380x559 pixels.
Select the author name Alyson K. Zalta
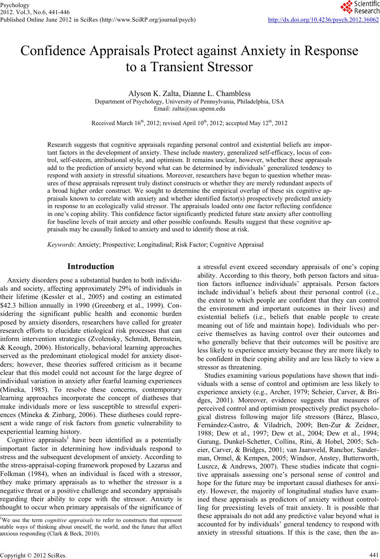153,94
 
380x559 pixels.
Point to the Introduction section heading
91,266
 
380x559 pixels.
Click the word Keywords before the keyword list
61,244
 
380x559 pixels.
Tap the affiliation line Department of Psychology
189,101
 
